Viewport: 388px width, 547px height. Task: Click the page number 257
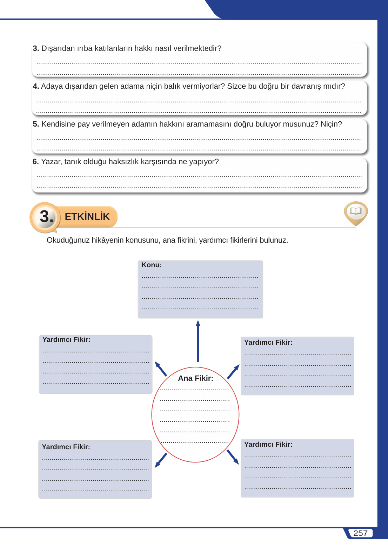(x=360, y=533)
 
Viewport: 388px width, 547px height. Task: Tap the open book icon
(x=356, y=211)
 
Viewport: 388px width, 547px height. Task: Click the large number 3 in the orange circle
(x=46, y=216)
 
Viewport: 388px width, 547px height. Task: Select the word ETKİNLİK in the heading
(x=87, y=217)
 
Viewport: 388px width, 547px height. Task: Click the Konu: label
(x=152, y=265)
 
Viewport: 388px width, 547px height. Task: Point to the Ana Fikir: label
(x=195, y=378)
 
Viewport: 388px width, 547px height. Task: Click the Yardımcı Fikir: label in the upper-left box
(x=66, y=340)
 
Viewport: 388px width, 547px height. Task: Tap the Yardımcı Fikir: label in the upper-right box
(x=268, y=343)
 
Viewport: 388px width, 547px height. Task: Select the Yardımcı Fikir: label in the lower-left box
(x=66, y=447)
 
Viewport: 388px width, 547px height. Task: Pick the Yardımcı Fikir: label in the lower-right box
(x=268, y=445)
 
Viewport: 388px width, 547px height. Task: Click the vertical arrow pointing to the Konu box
(x=198, y=341)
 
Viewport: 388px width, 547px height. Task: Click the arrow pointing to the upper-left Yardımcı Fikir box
(x=161, y=369)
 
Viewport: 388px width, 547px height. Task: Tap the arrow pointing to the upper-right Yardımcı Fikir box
(x=233, y=371)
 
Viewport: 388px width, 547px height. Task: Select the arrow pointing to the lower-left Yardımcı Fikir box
(x=161, y=460)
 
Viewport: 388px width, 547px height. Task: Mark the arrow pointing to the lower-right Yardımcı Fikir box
(x=233, y=457)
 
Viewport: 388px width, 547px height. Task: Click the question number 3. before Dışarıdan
(x=36, y=48)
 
